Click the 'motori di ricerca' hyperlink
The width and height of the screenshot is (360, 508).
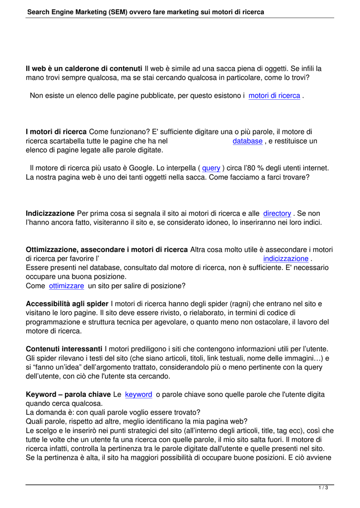pyautogui.click(x=274, y=95)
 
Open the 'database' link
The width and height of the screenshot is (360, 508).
pyautogui.click(x=247, y=141)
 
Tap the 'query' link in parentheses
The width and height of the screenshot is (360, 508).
pyautogui.click(x=211, y=168)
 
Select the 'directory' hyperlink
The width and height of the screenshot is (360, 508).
pyautogui.click(x=277, y=213)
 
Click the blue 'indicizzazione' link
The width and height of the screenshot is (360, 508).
pyautogui.click(x=286, y=258)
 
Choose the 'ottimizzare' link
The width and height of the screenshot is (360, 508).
pyautogui.click(x=67, y=286)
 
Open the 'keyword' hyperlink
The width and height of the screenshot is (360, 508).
pyautogui.click(x=139, y=394)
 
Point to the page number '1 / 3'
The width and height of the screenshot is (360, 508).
pyautogui.click(x=323, y=488)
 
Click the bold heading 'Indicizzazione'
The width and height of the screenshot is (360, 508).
pyautogui.click(x=50, y=213)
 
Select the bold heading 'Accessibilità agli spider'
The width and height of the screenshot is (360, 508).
pyautogui.click(x=67, y=304)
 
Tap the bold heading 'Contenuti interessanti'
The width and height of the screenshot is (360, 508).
pyautogui.click(x=64, y=349)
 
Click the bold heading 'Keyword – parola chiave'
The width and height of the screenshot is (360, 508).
pyautogui.click(x=68, y=394)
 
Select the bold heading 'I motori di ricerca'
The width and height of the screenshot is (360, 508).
pyautogui.click(x=56, y=132)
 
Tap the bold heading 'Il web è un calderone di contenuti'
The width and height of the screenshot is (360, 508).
pyautogui.click(x=84, y=68)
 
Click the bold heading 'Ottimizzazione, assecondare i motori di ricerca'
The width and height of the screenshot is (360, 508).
pyautogui.click(x=107, y=250)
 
